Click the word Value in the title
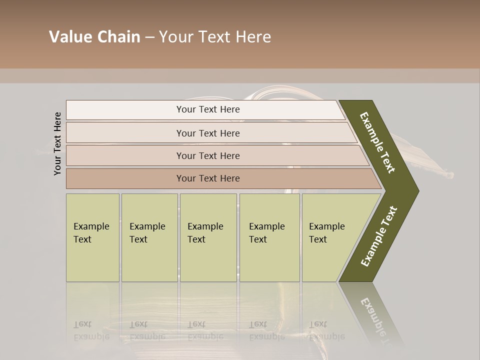coord(69,37)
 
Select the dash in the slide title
coord(149,37)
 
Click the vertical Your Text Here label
coord(57,143)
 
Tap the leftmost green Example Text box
coord(92,238)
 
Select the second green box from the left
coord(149,238)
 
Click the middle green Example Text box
coord(208,238)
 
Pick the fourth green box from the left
coord(269,238)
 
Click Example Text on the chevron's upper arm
coord(377,142)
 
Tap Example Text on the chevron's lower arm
coord(379,236)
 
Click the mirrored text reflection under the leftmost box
coord(91,330)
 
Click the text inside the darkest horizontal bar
coord(208,178)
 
